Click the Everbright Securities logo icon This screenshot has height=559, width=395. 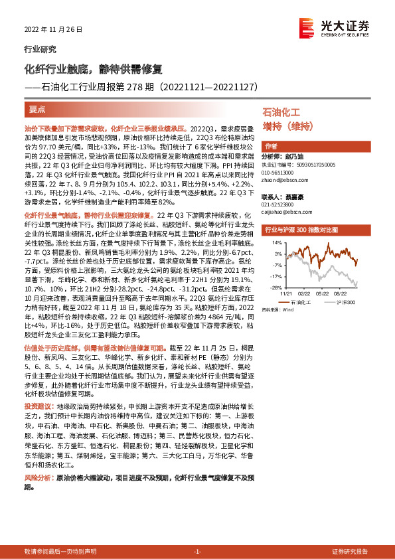[307, 26]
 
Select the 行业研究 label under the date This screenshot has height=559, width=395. [40, 49]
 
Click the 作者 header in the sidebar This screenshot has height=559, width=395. [271, 146]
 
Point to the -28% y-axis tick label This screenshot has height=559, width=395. [273, 288]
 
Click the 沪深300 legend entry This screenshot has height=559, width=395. [344, 302]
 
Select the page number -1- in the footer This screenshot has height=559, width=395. [197, 552]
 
